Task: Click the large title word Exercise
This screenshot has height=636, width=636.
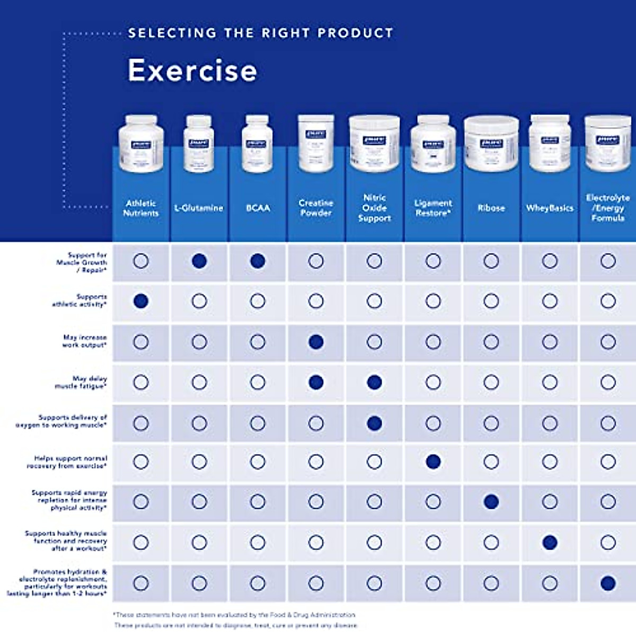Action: [192, 70]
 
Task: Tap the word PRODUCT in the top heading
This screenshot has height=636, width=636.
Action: [355, 33]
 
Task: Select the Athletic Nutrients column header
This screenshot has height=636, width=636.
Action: [140, 208]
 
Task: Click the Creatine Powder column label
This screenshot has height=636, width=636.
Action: [316, 208]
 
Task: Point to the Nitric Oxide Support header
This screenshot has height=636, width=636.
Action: [374, 208]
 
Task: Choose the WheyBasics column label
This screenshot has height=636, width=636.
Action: [550, 208]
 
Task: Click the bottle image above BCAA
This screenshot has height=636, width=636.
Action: [258, 144]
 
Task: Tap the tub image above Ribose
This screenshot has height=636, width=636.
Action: [491, 144]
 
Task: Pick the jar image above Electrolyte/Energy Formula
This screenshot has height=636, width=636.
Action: [608, 144]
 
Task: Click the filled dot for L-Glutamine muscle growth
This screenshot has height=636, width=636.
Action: [199, 261]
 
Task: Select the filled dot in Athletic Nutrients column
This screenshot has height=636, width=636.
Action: [140, 301]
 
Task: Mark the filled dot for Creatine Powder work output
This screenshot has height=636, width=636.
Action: [316, 342]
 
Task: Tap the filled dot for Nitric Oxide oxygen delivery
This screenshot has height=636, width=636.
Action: [374, 423]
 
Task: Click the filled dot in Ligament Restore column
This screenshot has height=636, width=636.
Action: [433, 462]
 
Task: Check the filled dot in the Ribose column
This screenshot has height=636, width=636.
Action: [491, 502]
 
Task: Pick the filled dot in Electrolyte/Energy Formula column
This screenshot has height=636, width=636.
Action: [608, 584]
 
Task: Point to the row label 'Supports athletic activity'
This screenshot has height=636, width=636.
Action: [79, 301]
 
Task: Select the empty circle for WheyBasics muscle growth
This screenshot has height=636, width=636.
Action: [550, 261]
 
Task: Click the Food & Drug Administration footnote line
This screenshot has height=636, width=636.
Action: [234, 615]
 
